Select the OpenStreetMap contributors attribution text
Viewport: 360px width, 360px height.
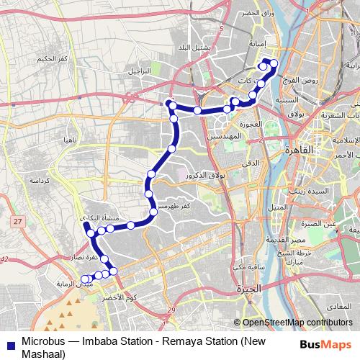tap(297, 323)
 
